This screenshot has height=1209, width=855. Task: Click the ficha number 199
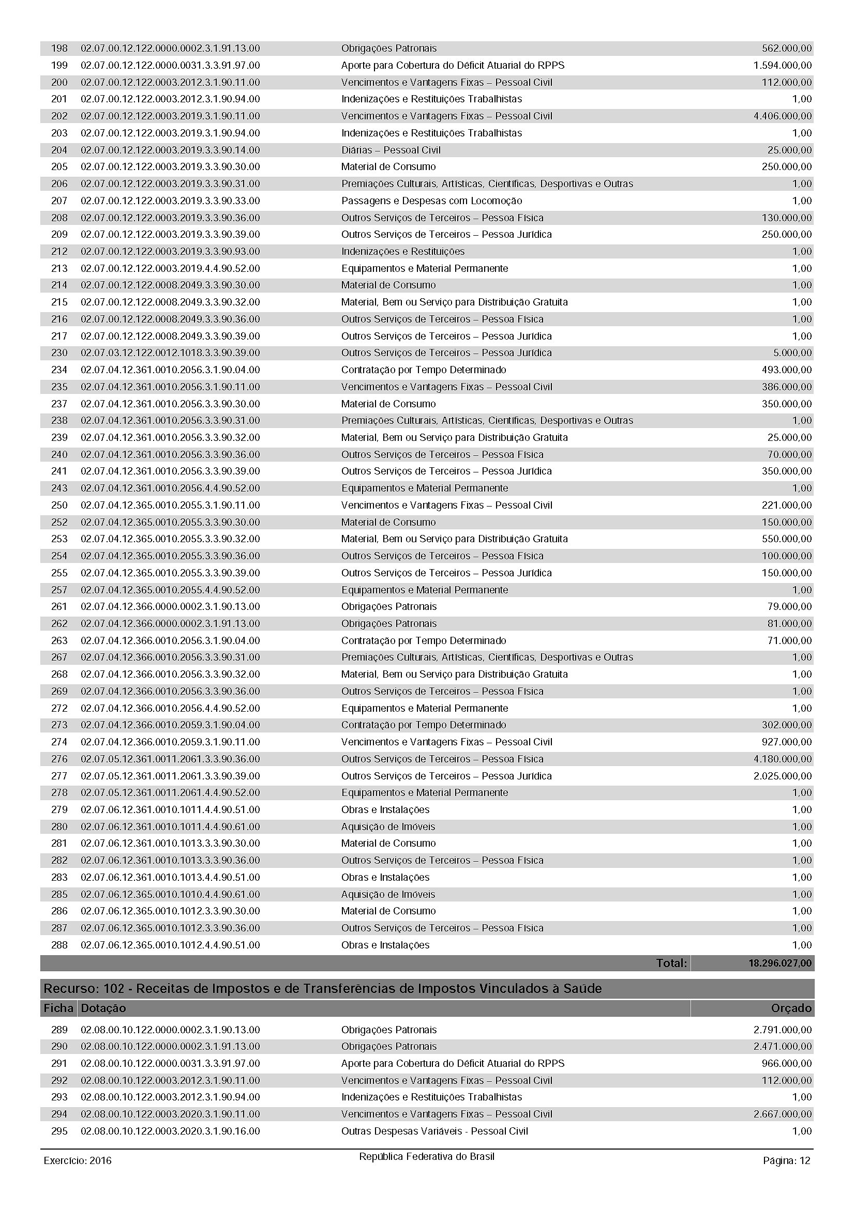pos(59,65)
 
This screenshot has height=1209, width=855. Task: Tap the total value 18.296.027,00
pos(781,963)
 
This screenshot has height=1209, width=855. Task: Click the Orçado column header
pos(792,1008)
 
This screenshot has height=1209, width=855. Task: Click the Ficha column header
pos(58,1008)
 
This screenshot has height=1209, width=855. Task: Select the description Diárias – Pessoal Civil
pos(391,150)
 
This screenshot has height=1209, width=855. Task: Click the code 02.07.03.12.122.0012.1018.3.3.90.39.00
pos(170,353)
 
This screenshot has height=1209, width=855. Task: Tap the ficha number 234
pos(59,370)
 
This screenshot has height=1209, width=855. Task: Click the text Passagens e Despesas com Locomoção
pos(431,201)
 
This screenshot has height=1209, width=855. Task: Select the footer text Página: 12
pos(787,1160)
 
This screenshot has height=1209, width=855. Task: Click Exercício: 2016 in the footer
pos(78,1160)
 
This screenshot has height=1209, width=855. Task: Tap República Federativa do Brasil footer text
pos(427,1157)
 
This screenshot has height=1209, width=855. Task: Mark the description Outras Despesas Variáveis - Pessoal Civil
pos(434,1131)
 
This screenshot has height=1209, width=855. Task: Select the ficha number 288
pos(59,945)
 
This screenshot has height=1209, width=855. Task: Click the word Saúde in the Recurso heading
pos(582,988)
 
